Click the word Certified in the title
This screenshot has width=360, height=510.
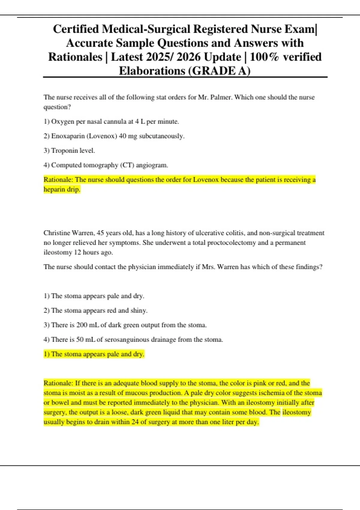(76, 29)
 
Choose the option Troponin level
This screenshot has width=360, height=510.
(73, 151)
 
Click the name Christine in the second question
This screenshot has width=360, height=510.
(56, 233)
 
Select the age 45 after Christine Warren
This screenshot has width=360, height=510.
(100, 233)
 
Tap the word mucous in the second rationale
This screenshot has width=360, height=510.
(137, 393)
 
